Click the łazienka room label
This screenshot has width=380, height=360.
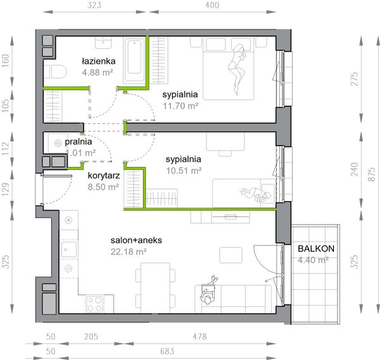tap(98, 61)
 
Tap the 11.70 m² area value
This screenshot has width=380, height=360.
tap(180, 106)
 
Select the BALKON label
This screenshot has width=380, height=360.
tap(316, 249)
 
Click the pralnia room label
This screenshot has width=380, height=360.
tap(79, 142)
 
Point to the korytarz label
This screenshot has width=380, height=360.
tap(104, 175)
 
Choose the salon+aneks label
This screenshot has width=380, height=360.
tap(136, 240)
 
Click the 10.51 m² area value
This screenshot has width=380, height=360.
tap(184, 171)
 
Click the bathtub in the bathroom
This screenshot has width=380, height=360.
tap(134, 60)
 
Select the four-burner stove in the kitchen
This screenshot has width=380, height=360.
tap(95, 304)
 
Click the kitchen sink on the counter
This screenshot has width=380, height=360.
tap(69, 249)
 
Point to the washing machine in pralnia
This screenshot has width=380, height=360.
tap(58, 144)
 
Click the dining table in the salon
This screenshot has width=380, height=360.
tap(156, 285)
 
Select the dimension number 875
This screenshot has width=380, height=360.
tap(372, 174)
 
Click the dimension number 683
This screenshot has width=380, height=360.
tap(167, 351)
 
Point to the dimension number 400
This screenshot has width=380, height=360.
tap(212, 5)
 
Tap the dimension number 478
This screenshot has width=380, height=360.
tap(199, 337)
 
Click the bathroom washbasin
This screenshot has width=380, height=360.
tap(103, 43)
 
